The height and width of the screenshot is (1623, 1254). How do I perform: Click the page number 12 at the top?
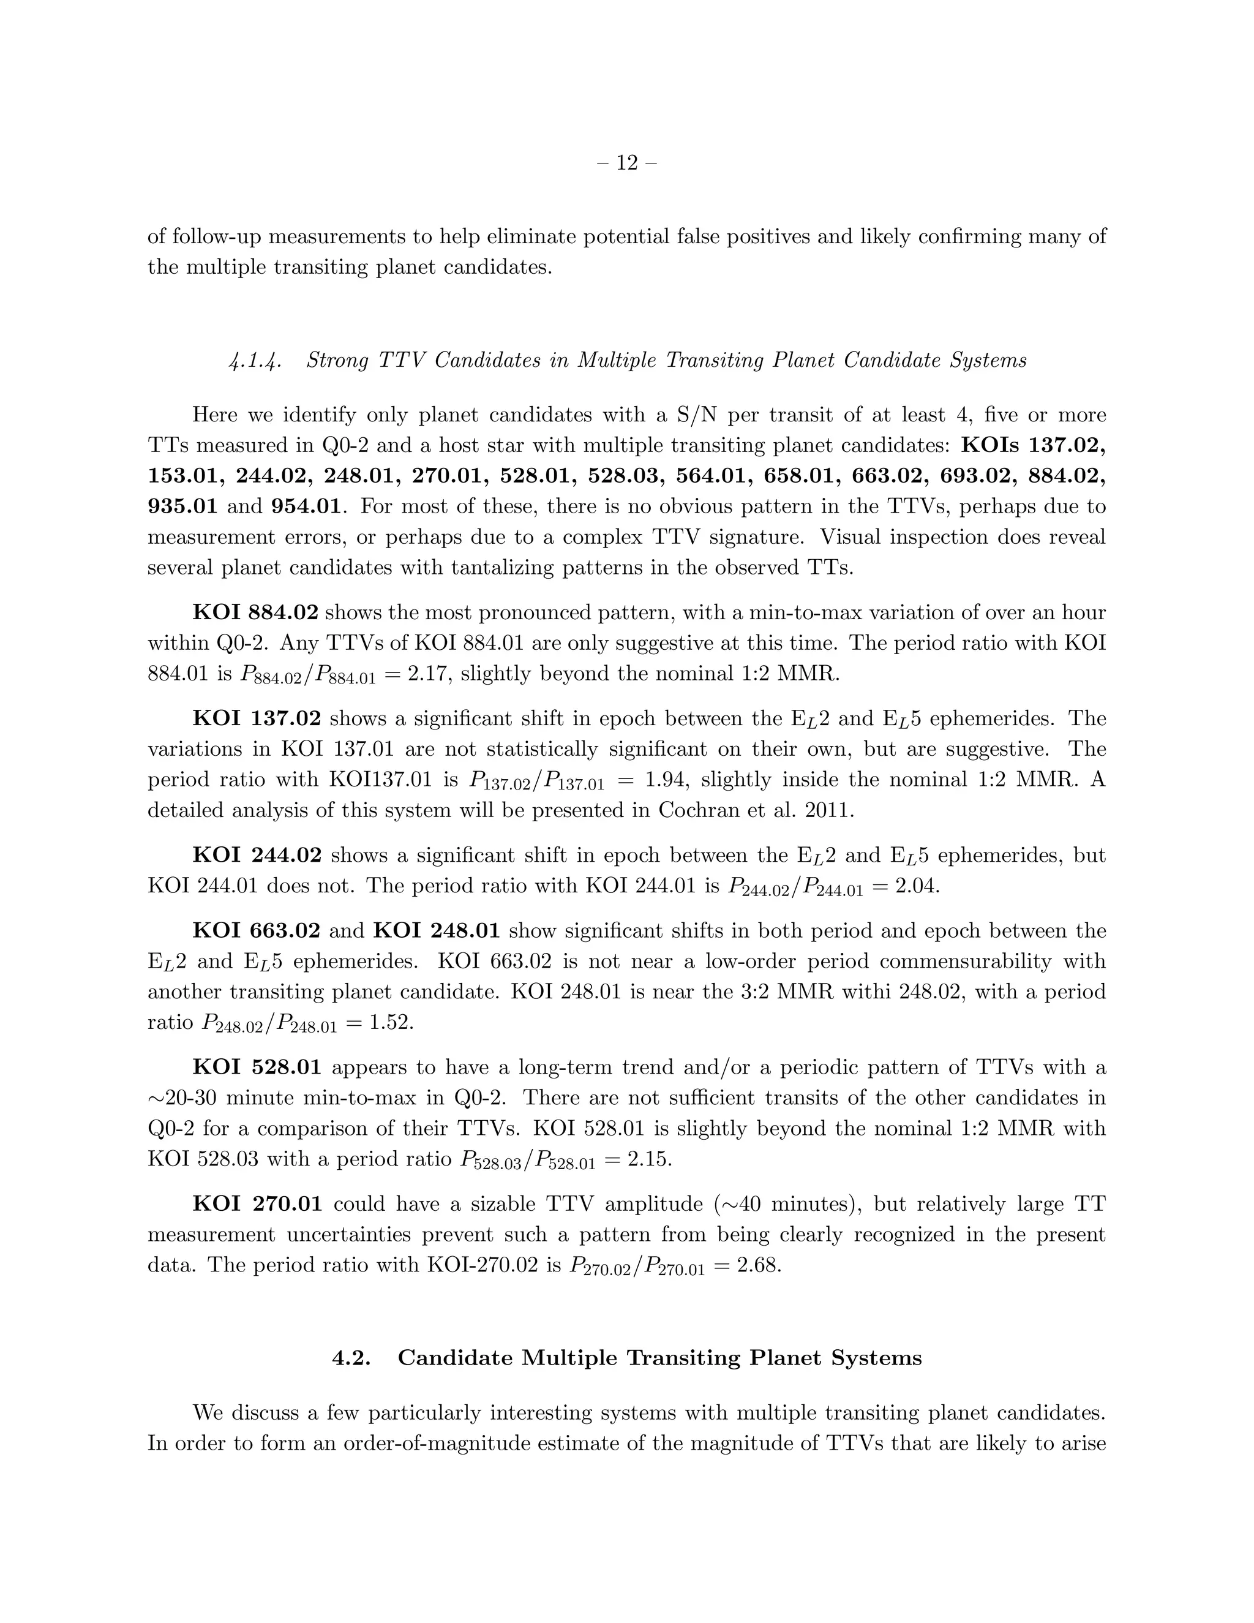(x=627, y=163)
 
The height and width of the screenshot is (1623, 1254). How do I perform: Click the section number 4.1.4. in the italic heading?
(x=254, y=361)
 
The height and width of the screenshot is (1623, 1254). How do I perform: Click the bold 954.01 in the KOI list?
(x=307, y=507)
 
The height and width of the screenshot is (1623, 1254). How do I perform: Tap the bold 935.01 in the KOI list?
(x=182, y=507)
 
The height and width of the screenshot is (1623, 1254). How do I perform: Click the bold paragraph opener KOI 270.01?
(x=257, y=1204)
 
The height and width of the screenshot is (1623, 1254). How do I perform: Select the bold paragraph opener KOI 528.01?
(x=257, y=1068)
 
